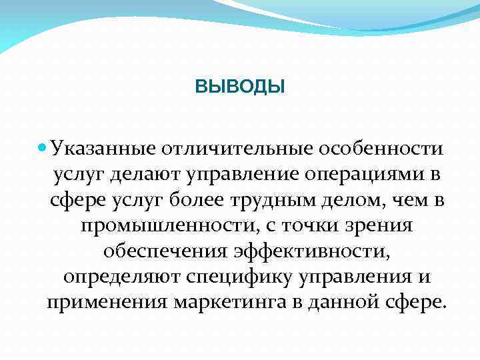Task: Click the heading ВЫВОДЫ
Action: (x=240, y=87)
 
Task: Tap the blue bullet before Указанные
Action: (x=43, y=145)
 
